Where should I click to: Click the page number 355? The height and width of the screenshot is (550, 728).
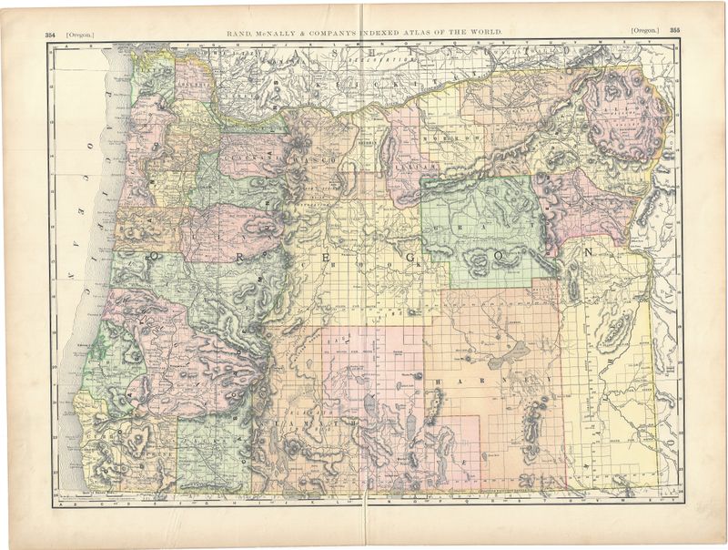pos(674,30)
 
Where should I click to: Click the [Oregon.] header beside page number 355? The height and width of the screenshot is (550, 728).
pos(643,30)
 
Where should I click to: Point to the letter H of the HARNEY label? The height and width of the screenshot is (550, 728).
pos(438,381)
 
